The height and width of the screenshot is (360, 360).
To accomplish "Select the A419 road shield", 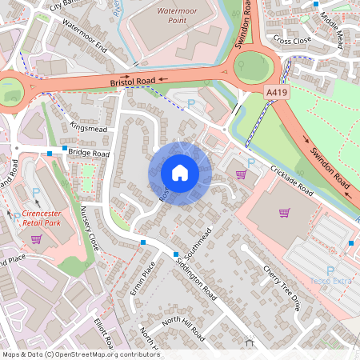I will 277,94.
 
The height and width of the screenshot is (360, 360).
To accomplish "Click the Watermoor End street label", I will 84,36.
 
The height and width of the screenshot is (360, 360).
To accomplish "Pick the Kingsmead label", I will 88,127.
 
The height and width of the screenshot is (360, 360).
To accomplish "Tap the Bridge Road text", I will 88,152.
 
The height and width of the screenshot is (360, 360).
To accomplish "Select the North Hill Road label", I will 184,324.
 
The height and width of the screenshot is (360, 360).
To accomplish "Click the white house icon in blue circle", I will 180,173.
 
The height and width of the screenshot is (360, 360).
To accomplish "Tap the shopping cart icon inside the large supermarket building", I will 283,213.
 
